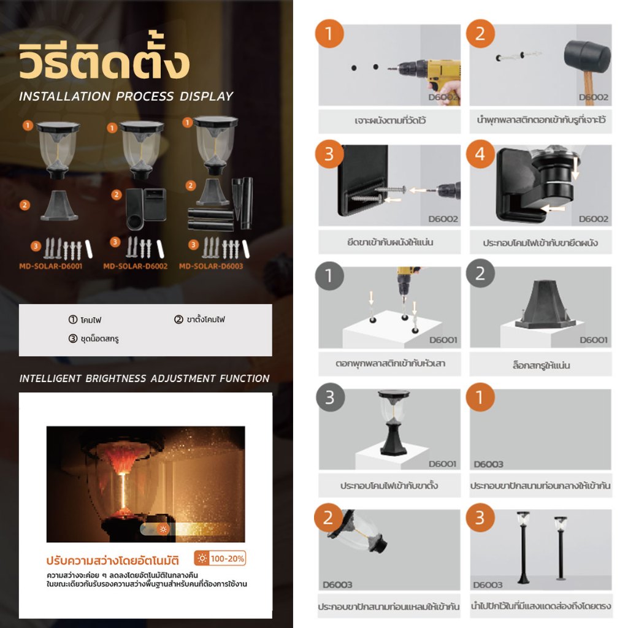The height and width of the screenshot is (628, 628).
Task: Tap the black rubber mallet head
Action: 587,56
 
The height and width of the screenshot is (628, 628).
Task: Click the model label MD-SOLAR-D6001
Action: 51,266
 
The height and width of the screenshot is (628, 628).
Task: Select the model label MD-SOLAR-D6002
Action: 136,266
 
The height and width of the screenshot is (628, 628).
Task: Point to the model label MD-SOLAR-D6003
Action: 211,266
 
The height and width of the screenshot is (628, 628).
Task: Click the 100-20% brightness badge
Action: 220,558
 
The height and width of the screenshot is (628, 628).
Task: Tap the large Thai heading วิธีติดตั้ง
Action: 104,60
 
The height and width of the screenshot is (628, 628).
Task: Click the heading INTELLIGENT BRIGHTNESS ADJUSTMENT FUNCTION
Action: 145,378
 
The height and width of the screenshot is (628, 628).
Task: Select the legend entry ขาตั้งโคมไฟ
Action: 199,319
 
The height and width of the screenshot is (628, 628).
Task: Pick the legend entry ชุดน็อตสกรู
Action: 94,339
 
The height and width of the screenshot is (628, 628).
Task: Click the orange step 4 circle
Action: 480,154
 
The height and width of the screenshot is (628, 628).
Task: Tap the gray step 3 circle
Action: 330,397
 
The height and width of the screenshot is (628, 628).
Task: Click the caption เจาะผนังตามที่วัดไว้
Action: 390,120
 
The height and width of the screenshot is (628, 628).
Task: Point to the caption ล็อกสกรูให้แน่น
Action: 541,365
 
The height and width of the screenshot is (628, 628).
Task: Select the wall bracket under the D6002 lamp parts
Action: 146,209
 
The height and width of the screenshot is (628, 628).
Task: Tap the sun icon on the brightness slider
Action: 163,529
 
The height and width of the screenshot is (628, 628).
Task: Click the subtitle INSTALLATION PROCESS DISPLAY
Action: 126,96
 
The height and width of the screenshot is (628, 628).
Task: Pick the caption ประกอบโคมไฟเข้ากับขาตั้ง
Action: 389,486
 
